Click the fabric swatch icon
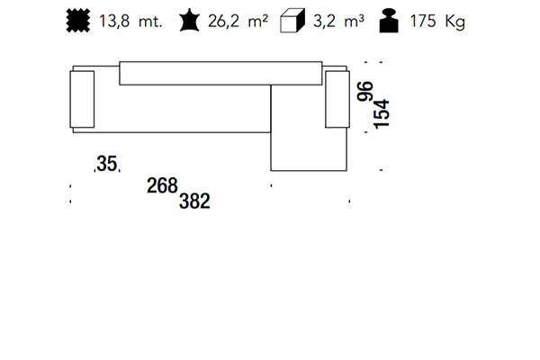tap(78, 21)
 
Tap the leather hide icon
tap(189, 21)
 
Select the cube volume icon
tap(292, 21)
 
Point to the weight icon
tap(389, 21)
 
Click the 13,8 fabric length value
tap(114, 22)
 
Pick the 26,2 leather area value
tap(223, 22)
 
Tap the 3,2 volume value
tap(324, 22)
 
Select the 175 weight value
tap(423, 21)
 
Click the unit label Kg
tap(454, 22)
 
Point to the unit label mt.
tap(150, 22)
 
